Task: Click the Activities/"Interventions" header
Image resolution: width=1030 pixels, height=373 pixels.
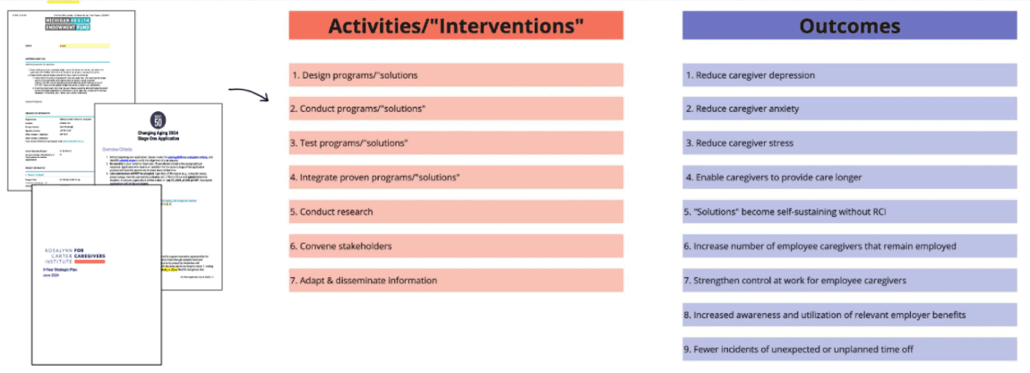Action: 456,26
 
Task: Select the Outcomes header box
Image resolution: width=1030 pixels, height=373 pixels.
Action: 849,26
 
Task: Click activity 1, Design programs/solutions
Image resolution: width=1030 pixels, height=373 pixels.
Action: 456,75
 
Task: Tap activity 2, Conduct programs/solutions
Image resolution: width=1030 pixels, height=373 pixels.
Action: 456,109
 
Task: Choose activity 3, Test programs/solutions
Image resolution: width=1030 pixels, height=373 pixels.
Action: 456,143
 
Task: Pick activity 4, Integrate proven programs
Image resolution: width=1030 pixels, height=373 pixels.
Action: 456,178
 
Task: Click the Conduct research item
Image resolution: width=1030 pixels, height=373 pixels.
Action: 456,212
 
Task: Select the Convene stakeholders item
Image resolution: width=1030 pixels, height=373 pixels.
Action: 456,246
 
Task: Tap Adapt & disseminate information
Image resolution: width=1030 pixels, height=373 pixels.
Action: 456,281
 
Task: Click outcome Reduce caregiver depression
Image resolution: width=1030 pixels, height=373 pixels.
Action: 849,75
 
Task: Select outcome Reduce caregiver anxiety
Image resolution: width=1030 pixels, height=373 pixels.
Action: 849,109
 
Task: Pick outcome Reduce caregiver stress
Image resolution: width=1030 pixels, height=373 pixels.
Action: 849,143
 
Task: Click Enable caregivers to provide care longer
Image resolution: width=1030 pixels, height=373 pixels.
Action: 849,178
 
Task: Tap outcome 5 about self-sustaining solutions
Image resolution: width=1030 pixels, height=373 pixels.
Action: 849,212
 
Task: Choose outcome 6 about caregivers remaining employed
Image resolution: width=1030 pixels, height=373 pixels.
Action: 849,247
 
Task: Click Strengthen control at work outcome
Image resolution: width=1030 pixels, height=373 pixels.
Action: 849,281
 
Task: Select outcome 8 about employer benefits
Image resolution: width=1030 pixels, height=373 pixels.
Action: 849,315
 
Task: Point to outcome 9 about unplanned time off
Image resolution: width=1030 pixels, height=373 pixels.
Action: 849,349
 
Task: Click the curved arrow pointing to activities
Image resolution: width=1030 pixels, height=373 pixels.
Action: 250,93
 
